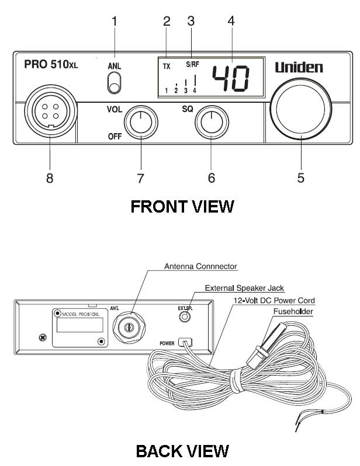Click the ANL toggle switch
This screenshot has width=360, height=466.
click(x=114, y=85)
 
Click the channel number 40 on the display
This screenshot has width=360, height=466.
click(x=230, y=78)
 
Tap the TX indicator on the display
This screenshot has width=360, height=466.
click(x=167, y=67)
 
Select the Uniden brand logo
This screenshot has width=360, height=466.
click(x=299, y=68)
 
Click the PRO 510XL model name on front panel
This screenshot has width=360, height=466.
click(x=51, y=64)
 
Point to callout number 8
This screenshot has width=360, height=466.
click(x=50, y=178)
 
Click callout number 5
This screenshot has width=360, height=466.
click(x=300, y=178)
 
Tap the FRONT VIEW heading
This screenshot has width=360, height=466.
click(x=182, y=207)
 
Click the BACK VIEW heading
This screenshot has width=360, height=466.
click(x=182, y=451)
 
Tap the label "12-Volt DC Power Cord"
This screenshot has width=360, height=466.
click(x=272, y=300)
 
